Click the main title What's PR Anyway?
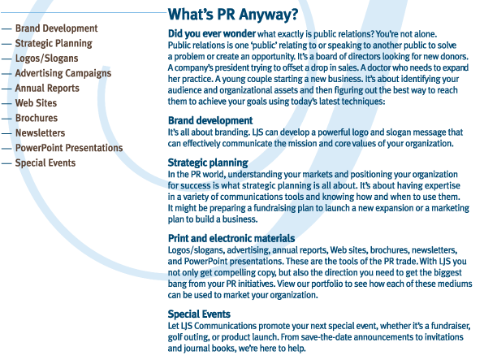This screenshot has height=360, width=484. [233, 15]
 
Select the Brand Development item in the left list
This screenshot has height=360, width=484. [57, 28]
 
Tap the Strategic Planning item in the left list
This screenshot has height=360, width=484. [54, 44]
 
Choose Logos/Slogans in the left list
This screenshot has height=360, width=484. [46, 59]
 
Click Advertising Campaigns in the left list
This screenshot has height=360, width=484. [63, 73]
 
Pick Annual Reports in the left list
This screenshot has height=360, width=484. [47, 89]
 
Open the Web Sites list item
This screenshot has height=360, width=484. [36, 103]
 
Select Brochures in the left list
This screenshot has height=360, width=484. [37, 118]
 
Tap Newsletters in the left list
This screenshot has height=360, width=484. [40, 133]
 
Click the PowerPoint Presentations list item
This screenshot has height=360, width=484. [69, 148]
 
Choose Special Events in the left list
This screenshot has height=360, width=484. [45, 163]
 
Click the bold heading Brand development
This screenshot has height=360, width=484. [210, 120]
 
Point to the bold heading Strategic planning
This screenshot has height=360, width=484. [208, 163]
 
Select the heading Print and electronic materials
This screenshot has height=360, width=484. [231, 238]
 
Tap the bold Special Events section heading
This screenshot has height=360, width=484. [199, 314]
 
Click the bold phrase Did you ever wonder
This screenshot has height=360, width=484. [212, 33]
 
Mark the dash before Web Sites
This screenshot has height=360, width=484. [6, 103]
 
